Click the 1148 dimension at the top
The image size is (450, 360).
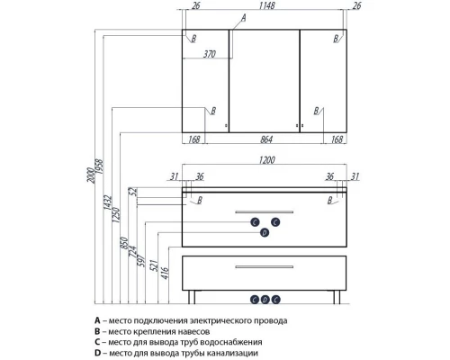(x=266, y=5)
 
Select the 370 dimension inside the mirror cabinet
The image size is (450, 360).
(x=210, y=54)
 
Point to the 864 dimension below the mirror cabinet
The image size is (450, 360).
(x=266, y=139)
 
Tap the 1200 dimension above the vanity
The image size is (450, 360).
(x=266, y=160)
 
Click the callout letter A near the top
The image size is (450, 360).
(x=244, y=18)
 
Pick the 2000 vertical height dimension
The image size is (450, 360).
(x=91, y=175)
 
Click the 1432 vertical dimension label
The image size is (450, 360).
(x=108, y=202)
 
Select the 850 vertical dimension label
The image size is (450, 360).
(x=124, y=243)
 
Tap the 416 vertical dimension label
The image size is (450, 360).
(x=166, y=273)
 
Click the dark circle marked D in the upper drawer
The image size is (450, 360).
(x=265, y=232)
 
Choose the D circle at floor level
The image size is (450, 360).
(x=265, y=300)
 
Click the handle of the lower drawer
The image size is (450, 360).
(x=264, y=266)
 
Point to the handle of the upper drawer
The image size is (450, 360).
(x=264, y=211)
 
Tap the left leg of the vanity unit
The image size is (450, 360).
(x=192, y=297)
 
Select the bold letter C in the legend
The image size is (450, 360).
(x=97, y=342)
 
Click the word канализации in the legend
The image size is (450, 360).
(x=233, y=353)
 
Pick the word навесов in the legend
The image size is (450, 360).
(x=193, y=331)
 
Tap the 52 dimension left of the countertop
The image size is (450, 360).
(x=132, y=192)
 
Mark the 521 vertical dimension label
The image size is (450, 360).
(x=153, y=265)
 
